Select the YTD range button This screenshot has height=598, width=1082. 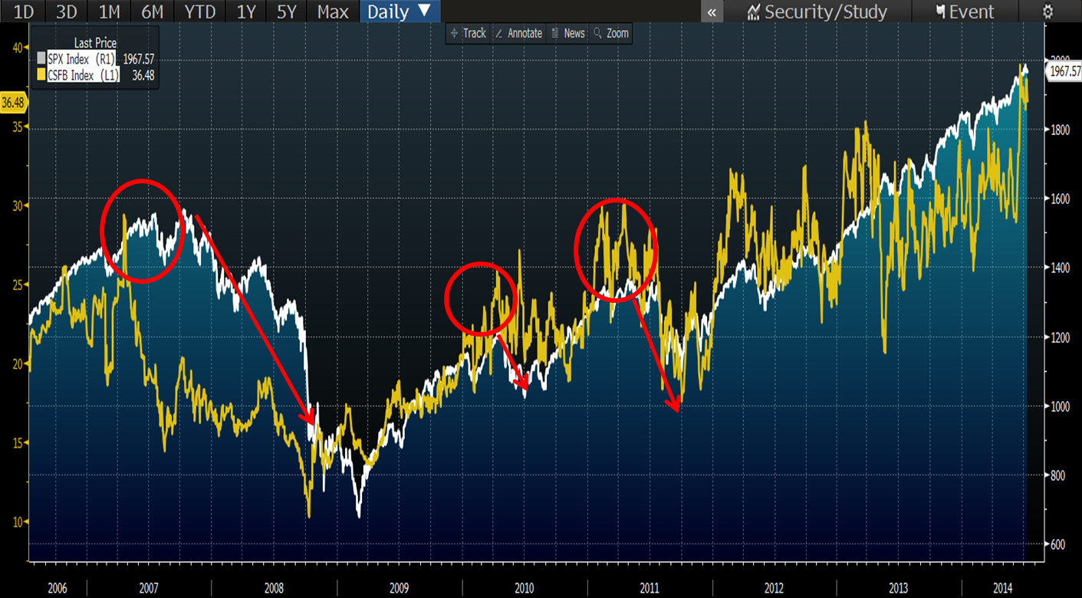point(199,11)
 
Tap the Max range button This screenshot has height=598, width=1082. point(333,11)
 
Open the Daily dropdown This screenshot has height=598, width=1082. point(399,11)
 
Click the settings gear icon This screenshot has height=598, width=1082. point(1047,11)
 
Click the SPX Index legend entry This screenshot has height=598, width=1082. point(79,59)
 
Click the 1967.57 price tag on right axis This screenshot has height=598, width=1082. point(1064,71)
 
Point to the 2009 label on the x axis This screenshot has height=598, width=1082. point(399,588)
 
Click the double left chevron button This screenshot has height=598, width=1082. point(712,11)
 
